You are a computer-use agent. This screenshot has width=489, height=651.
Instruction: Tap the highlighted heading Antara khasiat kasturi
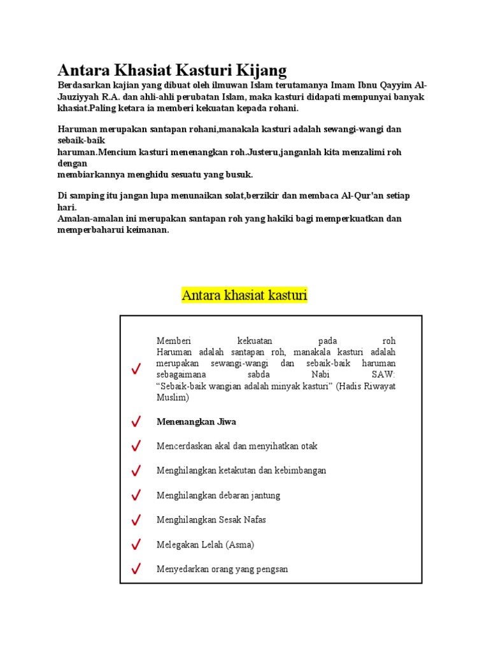244,296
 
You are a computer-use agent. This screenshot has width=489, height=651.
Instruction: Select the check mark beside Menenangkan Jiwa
136,421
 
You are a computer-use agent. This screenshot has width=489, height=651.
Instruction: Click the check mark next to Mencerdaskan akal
136,446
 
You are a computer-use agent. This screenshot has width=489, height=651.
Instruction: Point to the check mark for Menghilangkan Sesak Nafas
136,520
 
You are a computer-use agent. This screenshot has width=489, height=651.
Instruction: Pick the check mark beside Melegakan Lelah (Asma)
136,545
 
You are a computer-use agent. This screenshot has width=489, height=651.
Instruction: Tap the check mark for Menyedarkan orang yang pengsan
136,569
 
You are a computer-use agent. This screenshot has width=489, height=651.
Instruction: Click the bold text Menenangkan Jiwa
196,421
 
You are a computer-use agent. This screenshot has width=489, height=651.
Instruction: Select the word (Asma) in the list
240,545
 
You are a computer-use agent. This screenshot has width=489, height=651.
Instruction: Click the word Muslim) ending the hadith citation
173,398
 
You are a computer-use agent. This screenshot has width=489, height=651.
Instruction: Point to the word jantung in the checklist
266,495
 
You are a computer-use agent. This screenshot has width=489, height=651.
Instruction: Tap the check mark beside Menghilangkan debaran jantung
136,495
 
